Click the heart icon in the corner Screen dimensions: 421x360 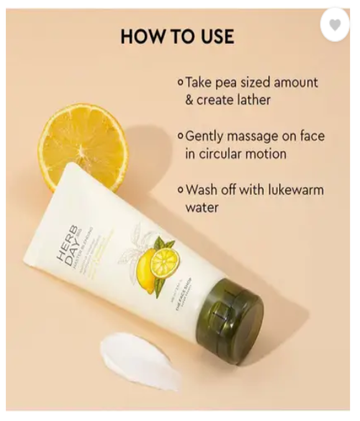(x=334, y=24)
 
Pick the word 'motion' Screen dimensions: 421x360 (x=270, y=153)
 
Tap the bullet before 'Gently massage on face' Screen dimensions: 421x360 (x=180, y=137)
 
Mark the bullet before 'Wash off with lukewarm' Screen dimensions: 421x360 (x=180, y=191)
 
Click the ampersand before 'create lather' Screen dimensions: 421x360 (x=190, y=100)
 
